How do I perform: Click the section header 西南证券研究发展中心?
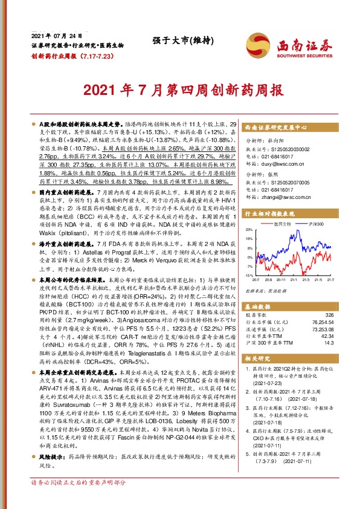click(x=277, y=129)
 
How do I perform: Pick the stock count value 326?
click(x=329, y=315)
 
